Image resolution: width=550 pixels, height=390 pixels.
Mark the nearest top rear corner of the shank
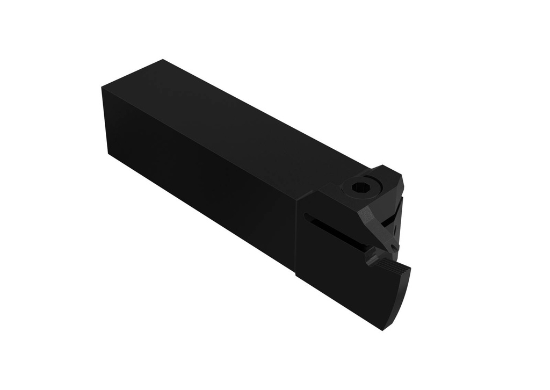pyautogui.click(x=102, y=86)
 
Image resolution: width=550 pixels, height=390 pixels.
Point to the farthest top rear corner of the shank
pyautogui.click(x=162, y=60)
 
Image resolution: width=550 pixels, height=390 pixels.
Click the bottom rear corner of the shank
pyautogui.click(x=109, y=154)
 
